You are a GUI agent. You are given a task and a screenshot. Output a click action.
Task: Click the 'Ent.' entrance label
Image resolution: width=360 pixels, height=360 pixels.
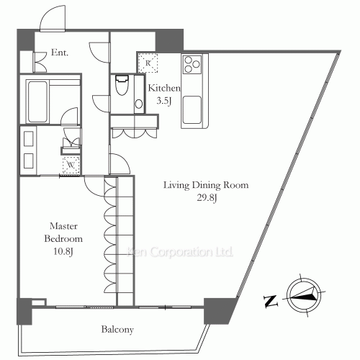click(60, 52)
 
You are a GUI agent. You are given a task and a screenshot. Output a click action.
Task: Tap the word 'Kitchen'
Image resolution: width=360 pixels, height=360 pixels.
click(164, 88)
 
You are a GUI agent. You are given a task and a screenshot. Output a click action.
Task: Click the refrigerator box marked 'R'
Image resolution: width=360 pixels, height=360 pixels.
click(148, 63)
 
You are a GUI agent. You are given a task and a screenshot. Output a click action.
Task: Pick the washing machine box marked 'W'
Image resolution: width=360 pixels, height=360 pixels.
click(71, 163)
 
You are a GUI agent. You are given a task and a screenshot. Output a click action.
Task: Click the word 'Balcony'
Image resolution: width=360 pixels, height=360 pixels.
click(116, 330)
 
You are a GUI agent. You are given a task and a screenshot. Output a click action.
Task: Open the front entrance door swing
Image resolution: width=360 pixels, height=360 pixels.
click(53, 20)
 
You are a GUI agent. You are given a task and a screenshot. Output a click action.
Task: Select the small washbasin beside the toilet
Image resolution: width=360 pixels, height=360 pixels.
click(138, 101)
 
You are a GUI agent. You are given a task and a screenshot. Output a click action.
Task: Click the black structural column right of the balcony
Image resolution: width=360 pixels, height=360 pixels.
click(220, 309)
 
